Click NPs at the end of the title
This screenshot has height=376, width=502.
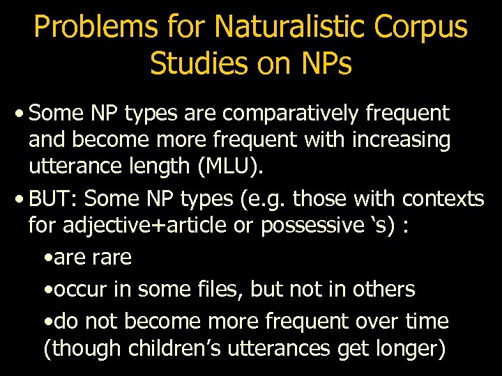319,63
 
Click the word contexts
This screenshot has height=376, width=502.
443,199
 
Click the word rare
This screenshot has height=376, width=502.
111,258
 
